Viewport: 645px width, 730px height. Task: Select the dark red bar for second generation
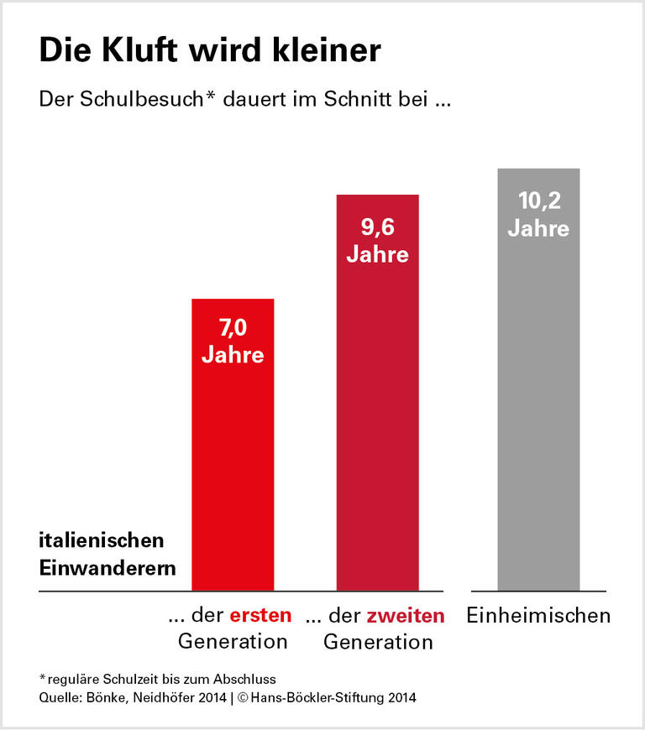click(x=377, y=420)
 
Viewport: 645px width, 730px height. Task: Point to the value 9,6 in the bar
click(x=377, y=227)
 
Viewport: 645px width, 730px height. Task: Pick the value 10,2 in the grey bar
click(x=538, y=201)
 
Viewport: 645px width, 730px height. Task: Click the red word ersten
click(x=260, y=616)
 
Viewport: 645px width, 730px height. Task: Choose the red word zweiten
click(x=406, y=616)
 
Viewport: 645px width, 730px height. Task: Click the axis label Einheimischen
click(x=538, y=616)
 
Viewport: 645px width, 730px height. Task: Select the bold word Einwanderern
click(x=107, y=567)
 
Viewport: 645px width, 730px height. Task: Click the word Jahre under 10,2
click(x=538, y=228)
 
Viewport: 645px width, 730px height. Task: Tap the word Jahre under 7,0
click(x=233, y=354)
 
